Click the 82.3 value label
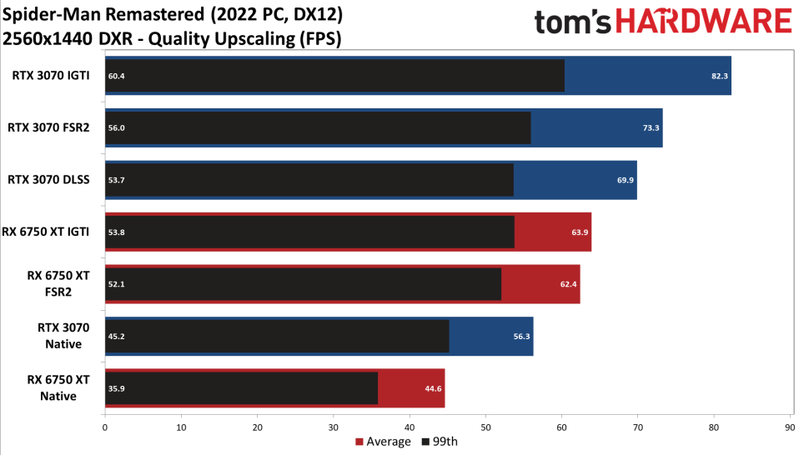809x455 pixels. click(719, 76)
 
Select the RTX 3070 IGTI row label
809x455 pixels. click(51, 75)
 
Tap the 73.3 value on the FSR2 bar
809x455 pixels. click(651, 127)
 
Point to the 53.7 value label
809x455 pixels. click(116, 180)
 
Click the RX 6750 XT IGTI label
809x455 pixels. click(45, 232)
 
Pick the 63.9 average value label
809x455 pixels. click(580, 232)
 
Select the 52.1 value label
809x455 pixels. click(116, 284)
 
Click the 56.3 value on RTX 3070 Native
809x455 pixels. click(521, 337)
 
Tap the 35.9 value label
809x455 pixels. click(116, 388)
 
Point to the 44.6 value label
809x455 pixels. click(433, 388)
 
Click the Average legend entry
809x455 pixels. click(383, 442)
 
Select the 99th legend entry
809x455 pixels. click(440, 442)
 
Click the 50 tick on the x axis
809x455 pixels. click(485, 427)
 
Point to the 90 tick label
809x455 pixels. click(790, 427)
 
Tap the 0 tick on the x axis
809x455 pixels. click(105, 427)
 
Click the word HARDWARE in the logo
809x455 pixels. click(704, 22)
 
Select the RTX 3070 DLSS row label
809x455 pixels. click(48, 180)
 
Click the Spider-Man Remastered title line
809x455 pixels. click(173, 14)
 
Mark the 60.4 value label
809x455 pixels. click(116, 76)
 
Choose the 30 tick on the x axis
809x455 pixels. click(334, 427)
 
